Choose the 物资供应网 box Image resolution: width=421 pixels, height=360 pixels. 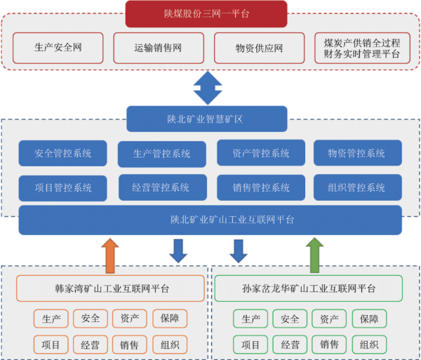[259, 48]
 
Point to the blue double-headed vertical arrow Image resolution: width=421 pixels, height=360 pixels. [207, 87]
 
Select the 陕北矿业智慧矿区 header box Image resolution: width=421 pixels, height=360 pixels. [207, 119]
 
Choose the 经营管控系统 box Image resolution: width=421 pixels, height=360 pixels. [162, 187]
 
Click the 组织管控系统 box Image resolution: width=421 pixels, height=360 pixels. [358, 187]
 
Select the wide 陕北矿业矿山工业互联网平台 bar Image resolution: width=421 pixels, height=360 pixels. [210, 220]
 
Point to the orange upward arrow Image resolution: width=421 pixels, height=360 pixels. [110, 254]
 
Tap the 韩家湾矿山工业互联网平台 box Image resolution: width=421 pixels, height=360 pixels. [111, 288]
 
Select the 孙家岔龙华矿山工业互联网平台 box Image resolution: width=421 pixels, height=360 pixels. [308, 288]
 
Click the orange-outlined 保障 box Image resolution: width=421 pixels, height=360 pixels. [170, 319]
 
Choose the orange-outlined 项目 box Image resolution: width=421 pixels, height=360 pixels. [51, 345]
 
